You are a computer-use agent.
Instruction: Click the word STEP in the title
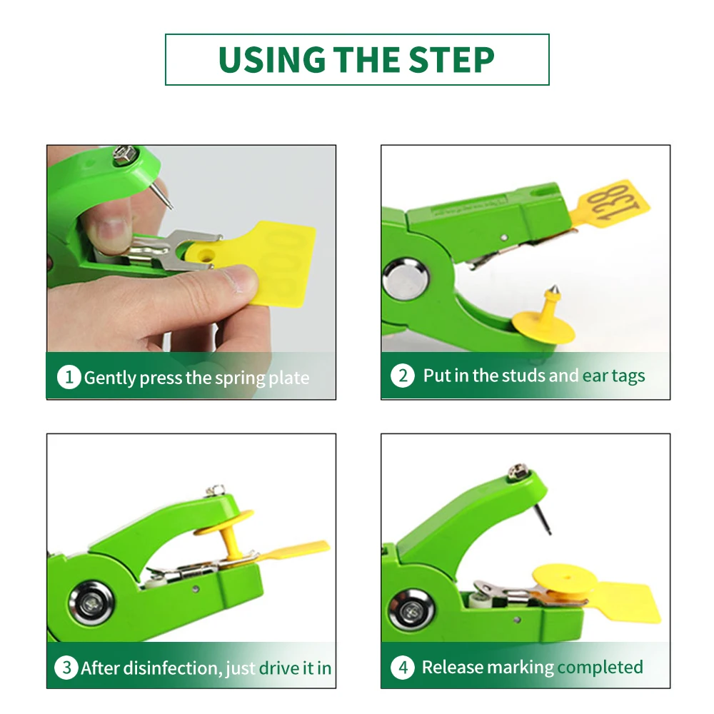tap(451, 60)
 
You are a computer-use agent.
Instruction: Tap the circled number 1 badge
tap(69, 377)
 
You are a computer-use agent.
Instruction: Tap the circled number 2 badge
tap(403, 376)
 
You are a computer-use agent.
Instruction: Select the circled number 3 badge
tap(66, 668)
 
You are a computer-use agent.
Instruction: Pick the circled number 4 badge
tap(403, 667)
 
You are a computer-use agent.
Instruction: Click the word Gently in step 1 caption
tap(110, 378)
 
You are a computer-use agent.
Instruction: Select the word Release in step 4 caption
tap(453, 667)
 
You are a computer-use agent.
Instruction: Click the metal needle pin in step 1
tap(163, 194)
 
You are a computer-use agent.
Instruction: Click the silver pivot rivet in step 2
tap(405, 278)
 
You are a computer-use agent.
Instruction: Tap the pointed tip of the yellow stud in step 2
tap(554, 287)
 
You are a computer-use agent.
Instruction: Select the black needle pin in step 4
tap(541, 518)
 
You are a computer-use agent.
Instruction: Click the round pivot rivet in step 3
tap(91, 604)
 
